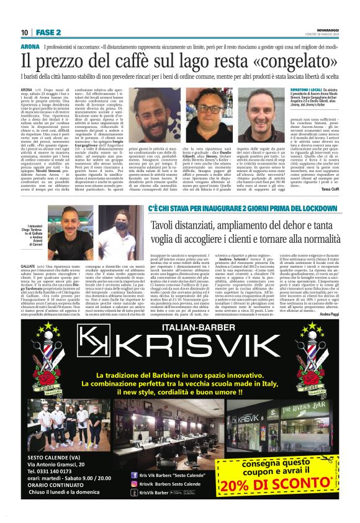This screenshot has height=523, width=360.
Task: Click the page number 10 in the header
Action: (x=25, y=32)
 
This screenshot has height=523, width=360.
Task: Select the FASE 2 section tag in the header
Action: (x=47, y=32)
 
